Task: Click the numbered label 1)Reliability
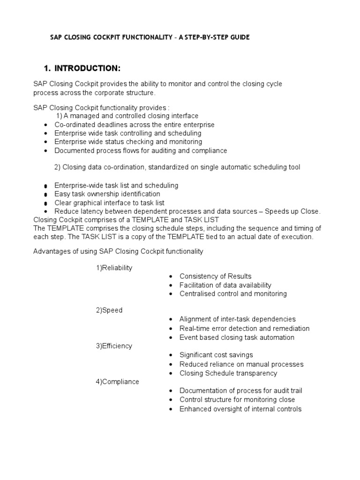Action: [x=114, y=268]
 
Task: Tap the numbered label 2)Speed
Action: [x=109, y=310]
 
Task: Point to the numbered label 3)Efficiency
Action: [x=114, y=346]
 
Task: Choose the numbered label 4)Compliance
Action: [x=117, y=382]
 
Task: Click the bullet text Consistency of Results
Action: [x=215, y=276]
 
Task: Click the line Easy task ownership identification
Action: [x=107, y=194]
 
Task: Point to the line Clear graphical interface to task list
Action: [x=109, y=203]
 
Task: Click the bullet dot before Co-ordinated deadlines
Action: [x=45, y=125]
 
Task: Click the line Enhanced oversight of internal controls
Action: [x=240, y=409]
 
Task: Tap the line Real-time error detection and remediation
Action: [x=244, y=329]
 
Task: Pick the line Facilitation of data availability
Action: [x=225, y=285]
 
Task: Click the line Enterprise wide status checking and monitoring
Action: [x=128, y=142]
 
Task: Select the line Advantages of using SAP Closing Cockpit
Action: [x=118, y=251]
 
